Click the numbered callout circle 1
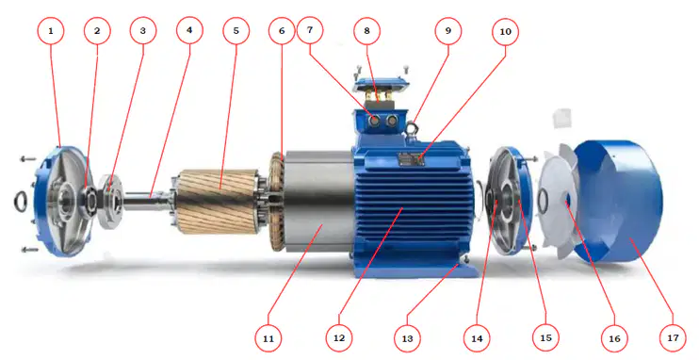(50, 31)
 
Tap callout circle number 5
(236, 31)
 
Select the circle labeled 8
(366, 31)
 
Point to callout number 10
(506, 32)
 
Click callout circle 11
(268, 338)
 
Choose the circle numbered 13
(408, 338)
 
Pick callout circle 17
(673, 337)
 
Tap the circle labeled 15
(545, 337)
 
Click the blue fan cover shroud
(620, 201)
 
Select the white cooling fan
(558, 202)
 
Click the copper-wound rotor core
(219, 201)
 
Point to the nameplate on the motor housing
(410, 159)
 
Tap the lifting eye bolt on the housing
(412, 128)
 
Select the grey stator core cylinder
(319, 201)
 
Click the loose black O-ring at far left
(20, 201)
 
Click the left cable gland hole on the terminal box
(375, 120)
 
